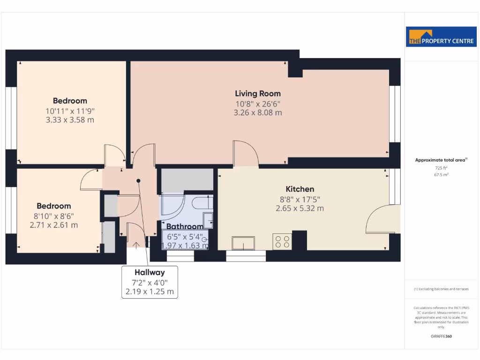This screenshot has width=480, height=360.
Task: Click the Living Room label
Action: point(258,94)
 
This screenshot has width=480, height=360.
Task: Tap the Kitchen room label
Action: point(300,189)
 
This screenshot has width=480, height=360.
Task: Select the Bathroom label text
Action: point(185,227)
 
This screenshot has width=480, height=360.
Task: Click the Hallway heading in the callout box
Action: point(150,272)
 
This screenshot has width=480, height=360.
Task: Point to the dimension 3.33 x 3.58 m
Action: point(70,120)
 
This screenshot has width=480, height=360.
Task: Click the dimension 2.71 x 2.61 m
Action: point(54,225)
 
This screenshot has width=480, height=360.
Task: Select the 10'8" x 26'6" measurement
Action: point(258,104)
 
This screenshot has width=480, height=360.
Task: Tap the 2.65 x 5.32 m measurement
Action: point(300,209)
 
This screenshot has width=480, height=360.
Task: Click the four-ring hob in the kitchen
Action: point(282,241)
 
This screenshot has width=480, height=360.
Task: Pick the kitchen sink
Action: point(243,243)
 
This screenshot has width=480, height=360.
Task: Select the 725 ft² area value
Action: point(441,167)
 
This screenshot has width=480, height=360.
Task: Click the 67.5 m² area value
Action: point(441,174)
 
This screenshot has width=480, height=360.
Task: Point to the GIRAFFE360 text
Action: point(441,336)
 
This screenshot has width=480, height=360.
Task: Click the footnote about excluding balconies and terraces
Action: point(441,289)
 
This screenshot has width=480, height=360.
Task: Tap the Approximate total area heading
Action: point(441,160)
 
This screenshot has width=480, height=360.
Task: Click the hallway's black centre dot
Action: point(138,180)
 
